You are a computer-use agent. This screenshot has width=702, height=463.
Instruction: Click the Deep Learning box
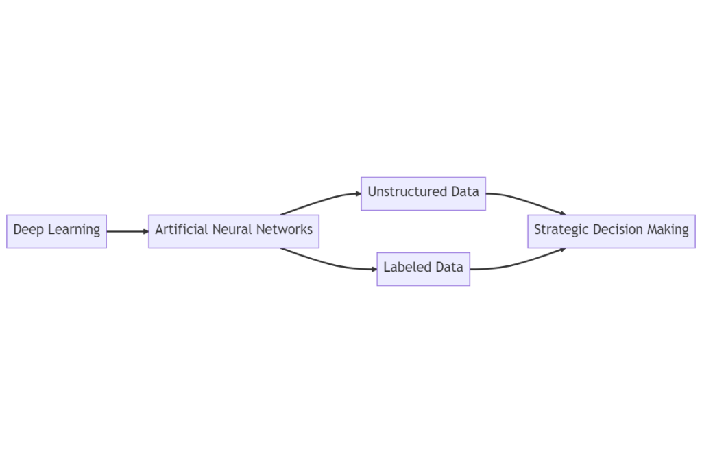pos(56,231)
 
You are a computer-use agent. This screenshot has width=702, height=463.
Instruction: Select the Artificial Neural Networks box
pos(234,231)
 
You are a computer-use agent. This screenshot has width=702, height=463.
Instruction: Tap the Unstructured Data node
pos(423,193)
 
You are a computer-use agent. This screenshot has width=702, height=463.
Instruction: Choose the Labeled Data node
pos(423,269)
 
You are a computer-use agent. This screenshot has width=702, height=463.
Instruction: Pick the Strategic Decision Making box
pos(612,231)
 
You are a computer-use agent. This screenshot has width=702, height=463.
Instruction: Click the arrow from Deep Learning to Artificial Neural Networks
pos(128,231)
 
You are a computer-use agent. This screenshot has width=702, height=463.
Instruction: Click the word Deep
pos(28,230)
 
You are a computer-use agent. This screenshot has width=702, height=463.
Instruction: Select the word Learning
pos(73,230)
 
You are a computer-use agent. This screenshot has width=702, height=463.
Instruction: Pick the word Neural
pos(230,229)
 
